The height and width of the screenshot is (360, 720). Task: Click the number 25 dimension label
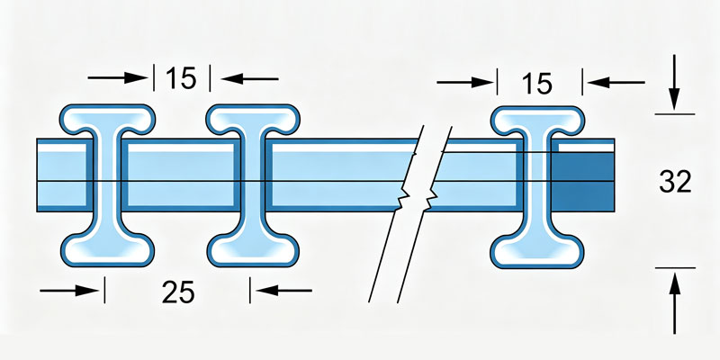click(178, 292)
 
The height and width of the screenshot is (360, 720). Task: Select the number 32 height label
click(675, 182)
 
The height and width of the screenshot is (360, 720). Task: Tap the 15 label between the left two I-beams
click(181, 78)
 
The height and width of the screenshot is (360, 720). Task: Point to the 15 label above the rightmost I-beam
click(536, 84)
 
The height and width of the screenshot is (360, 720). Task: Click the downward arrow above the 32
click(673, 83)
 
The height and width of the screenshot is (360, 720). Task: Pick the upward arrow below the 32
click(674, 303)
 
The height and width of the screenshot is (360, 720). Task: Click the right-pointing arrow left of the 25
click(69, 290)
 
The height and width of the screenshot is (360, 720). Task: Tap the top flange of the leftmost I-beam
click(107, 119)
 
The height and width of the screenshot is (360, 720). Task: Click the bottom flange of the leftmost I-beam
click(107, 249)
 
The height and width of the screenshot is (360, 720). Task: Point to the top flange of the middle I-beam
click(253, 119)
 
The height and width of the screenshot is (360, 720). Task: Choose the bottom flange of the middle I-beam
click(253, 249)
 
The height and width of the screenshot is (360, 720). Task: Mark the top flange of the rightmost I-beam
click(537, 121)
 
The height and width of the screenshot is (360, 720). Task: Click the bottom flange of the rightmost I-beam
click(537, 251)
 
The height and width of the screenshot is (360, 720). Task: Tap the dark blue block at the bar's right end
click(582, 182)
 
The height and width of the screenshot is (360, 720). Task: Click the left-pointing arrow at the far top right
click(616, 83)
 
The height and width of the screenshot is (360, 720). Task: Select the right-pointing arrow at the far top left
click(118, 77)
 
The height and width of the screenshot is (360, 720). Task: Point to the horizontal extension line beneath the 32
click(675, 267)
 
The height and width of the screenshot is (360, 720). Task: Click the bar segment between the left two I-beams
click(181, 175)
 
